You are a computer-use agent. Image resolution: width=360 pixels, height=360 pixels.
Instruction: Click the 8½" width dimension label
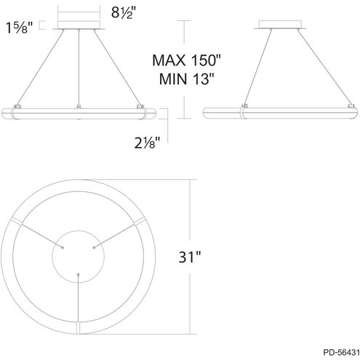click(124, 12)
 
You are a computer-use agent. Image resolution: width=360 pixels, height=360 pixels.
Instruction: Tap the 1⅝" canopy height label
click(20, 28)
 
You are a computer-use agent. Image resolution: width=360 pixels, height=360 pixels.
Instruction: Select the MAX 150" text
click(187, 60)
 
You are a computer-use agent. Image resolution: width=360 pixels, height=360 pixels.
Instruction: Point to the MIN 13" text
click(187, 79)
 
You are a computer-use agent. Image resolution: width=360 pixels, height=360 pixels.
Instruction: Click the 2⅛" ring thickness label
click(147, 143)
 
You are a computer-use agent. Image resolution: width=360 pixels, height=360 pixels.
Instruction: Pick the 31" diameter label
click(190, 257)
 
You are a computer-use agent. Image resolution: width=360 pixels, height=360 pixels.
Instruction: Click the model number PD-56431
click(341, 352)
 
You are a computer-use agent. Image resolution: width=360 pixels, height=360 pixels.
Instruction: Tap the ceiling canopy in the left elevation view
click(79, 25)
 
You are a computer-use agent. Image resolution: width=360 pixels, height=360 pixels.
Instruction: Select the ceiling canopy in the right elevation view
click(280, 25)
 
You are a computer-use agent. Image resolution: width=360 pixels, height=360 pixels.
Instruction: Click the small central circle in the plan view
click(79, 231)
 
